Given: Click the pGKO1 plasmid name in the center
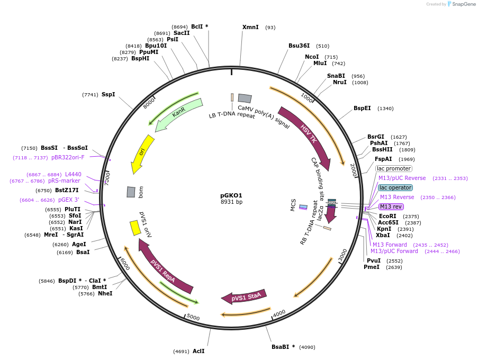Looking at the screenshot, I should [x=231, y=195].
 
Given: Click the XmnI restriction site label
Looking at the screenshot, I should [x=250, y=27].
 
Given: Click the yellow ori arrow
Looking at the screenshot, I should [x=141, y=154].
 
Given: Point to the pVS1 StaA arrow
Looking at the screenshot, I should [x=244, y=297].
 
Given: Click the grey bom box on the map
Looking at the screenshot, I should [x=131, y=192].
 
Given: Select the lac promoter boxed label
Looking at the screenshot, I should [x=393, y=168].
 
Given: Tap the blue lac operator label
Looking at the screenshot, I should [x=395, y=187].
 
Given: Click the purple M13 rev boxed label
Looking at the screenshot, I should [x=391, y=206].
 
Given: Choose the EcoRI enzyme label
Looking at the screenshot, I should [x=387, y=216].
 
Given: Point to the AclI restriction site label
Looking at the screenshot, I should [x=199, y=351].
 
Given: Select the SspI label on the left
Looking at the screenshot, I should [x=109, y=94].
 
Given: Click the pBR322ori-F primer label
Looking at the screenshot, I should [x=68, y=157].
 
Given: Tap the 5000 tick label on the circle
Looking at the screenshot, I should [x=193, y=318].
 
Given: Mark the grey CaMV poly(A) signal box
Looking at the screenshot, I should [x=245, y=98].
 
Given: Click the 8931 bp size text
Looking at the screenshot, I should [x=231, y=202].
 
